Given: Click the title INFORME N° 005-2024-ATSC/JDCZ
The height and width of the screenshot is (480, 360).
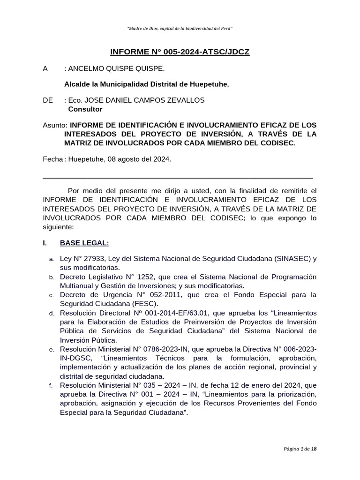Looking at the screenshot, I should [x=180, y=52].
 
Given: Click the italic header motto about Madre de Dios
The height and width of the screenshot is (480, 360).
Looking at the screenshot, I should [x=180, y=29].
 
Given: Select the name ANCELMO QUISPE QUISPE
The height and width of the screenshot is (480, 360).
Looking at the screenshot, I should [x=117, y=69].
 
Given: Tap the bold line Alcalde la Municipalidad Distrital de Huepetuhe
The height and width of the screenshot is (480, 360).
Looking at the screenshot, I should [x=146, y=84].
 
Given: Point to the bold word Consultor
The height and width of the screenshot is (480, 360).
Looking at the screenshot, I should [x=85, y=109].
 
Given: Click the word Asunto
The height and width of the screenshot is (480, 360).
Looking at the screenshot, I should [x=54, y=125].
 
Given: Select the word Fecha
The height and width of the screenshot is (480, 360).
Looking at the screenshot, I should [x=52, y=159].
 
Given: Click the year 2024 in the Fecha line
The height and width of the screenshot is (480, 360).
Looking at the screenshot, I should [x=162, y=159].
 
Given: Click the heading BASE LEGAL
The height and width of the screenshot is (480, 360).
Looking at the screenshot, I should [x=84, y=243].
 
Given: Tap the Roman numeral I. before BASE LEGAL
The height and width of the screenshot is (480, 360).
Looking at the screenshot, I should [x=45, y=243].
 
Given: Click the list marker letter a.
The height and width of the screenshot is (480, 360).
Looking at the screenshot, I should [x=51, y=259].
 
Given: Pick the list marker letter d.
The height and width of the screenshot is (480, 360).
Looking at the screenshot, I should [x=51, y=313].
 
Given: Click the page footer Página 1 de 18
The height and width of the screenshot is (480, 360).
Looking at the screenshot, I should [x=300, y=449].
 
